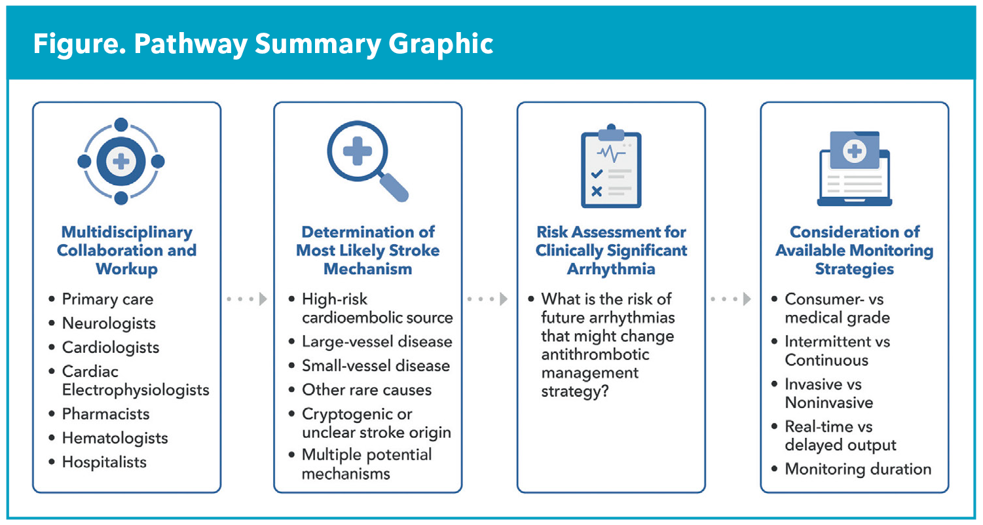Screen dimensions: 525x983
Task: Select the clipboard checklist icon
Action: tap(611, 166)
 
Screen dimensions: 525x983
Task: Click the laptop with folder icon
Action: tap(854, 168)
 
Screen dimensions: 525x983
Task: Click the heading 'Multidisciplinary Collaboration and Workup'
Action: tap(126, 250)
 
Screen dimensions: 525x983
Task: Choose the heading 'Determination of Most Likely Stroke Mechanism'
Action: tap(367, 250)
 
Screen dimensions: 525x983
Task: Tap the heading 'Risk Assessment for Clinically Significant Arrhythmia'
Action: tap(611, 250)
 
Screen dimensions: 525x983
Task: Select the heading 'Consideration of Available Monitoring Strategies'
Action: tap(854, 250)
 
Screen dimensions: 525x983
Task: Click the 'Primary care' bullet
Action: tap(107, 299)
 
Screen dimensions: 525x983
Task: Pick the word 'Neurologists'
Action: tap(109, 323)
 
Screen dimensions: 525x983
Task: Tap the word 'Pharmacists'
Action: tap(105, 414)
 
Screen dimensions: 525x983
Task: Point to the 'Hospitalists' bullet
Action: tap(104, 462)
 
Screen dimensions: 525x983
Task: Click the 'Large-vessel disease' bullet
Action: tap(377, 342)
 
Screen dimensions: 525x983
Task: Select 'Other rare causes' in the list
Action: tap(367, 390)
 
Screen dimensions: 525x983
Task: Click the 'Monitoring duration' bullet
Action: tap(858, 469)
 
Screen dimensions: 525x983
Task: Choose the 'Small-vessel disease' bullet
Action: tap(376, 366)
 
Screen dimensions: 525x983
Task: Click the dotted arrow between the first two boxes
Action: tap(247, 299)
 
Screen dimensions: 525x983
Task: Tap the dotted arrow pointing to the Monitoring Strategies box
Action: tap(732, 299)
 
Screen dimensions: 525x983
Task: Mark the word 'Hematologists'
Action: tap(115, 438)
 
